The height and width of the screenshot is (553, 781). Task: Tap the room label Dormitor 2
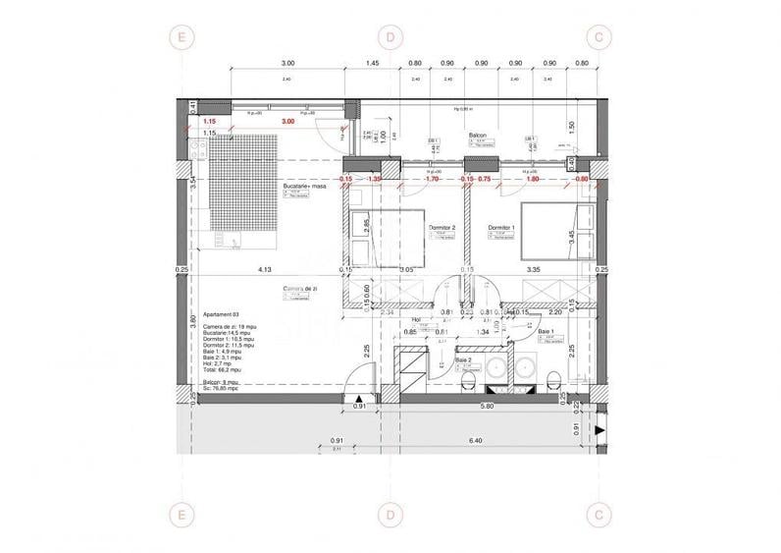[x=443, y=227]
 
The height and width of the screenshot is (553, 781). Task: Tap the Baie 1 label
[x=547, y=332]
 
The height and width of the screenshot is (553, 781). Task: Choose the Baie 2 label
[x=464, y=360]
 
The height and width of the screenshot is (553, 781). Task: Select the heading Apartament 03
[x=222, y=315]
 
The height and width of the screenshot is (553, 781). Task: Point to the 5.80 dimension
[x=487, y=408]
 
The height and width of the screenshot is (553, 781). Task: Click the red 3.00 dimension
[x=287, y=121]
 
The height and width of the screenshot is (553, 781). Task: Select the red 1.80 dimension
[x=533, y=180]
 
